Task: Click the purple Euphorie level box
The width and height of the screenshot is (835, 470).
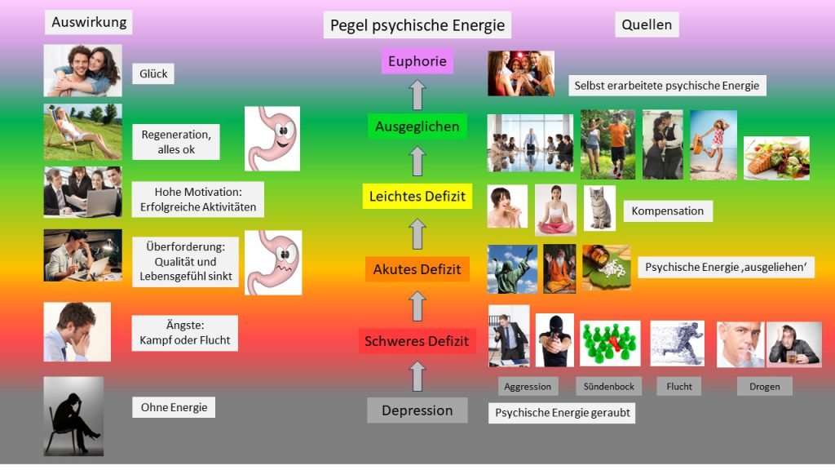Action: tap(417, 61)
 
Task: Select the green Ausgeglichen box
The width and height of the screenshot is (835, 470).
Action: tap(417, 126)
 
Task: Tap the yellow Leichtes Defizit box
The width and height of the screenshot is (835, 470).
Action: tap(417, 196)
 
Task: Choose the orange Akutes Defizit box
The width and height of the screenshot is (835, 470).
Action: tap(417, 268)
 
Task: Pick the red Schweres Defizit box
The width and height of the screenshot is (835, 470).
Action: tap(417, 341)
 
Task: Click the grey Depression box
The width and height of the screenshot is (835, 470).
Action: tap(417, 410)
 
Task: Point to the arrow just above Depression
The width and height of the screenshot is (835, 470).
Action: tap(417, 376)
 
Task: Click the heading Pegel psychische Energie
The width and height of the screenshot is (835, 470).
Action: tap(417, 25)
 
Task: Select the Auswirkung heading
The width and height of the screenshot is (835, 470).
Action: tap(88, 22)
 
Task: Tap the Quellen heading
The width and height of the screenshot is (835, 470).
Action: tap(647, 24)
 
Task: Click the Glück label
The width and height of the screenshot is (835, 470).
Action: tap(153, 74)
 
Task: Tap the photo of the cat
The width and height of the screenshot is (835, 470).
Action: tap(599, 208)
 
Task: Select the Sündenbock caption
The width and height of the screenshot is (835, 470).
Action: tap(608, 386)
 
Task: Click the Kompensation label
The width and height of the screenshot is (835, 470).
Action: tap(667, 211)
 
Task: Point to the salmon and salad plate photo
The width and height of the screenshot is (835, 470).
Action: tap(776, 157)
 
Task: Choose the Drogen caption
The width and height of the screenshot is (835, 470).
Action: tap(764, 386)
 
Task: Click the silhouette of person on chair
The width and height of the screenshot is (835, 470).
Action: tap(73, 416)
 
